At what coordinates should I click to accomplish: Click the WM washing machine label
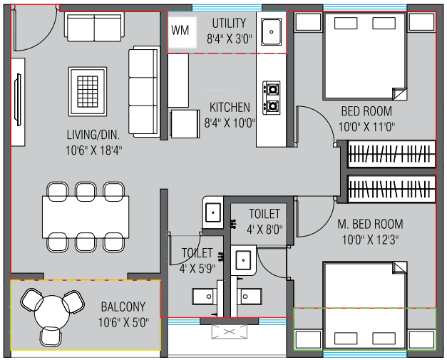coord(180,30)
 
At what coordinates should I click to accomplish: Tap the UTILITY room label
coord(229,24)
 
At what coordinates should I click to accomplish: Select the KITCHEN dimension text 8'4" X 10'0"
coord(230,123)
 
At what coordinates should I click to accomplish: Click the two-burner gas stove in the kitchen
coord(272,98)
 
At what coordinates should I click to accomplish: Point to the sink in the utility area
coord(272,31)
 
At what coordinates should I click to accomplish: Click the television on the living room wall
coord(18,100)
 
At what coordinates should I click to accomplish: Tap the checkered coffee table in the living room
coord(88,91)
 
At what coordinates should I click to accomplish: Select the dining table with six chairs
coord(86,217)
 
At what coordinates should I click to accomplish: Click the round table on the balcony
coord(52,313)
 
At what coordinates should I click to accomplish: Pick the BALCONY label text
coord(123,307)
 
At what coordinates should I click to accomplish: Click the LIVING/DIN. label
coord(93,135)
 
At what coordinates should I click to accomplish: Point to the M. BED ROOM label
coord(370,224)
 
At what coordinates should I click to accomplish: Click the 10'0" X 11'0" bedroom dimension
coord(366,127)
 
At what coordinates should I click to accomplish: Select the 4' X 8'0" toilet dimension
coord(264,229)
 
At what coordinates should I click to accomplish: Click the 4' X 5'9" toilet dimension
coord(197,268)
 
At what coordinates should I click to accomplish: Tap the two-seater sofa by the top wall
coord(94,27)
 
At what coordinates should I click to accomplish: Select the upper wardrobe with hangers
coord(391,154)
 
